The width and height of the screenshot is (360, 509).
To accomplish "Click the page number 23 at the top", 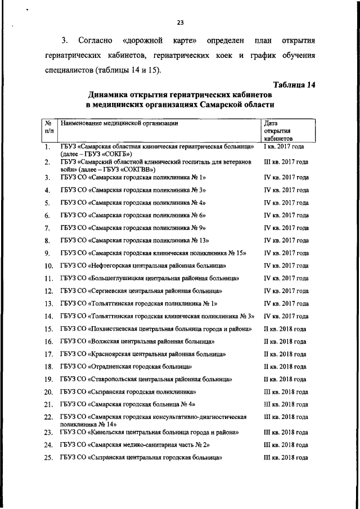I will point(181,22).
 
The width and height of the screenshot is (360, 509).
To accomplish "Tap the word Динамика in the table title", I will point(111,94).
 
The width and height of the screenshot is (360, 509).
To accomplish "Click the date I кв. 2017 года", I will point(284,147).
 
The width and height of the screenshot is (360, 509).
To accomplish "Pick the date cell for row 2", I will point(286,162).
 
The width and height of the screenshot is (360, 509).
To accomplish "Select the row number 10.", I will point(48,265).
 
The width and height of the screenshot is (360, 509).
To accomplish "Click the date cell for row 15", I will point(285,328).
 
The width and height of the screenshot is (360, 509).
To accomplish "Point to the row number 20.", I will point(48,392).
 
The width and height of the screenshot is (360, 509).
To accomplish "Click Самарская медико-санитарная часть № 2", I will point(135,445).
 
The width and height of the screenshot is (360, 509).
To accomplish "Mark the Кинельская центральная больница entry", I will point(150,433).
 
